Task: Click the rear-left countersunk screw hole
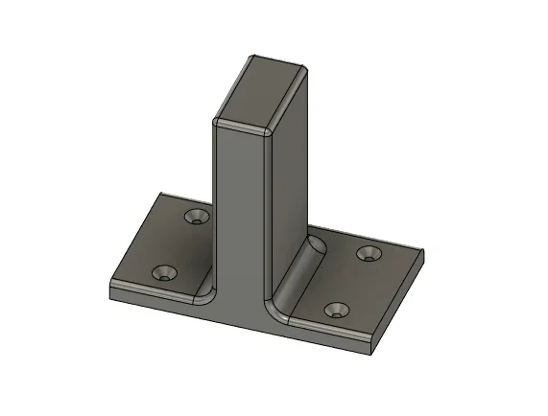[x=198, y=217]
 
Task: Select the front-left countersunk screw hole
[x=167, y=273]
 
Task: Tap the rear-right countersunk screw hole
[x=369, y=253]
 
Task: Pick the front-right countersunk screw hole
[x=337, y=311]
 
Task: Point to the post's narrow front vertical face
[x=239, y=211]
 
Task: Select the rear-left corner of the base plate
[x=159, y=194]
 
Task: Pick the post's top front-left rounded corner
[x=215, y=122]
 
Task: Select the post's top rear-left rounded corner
[x=248, y=58]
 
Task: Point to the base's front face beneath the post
[x=240, y=315]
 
